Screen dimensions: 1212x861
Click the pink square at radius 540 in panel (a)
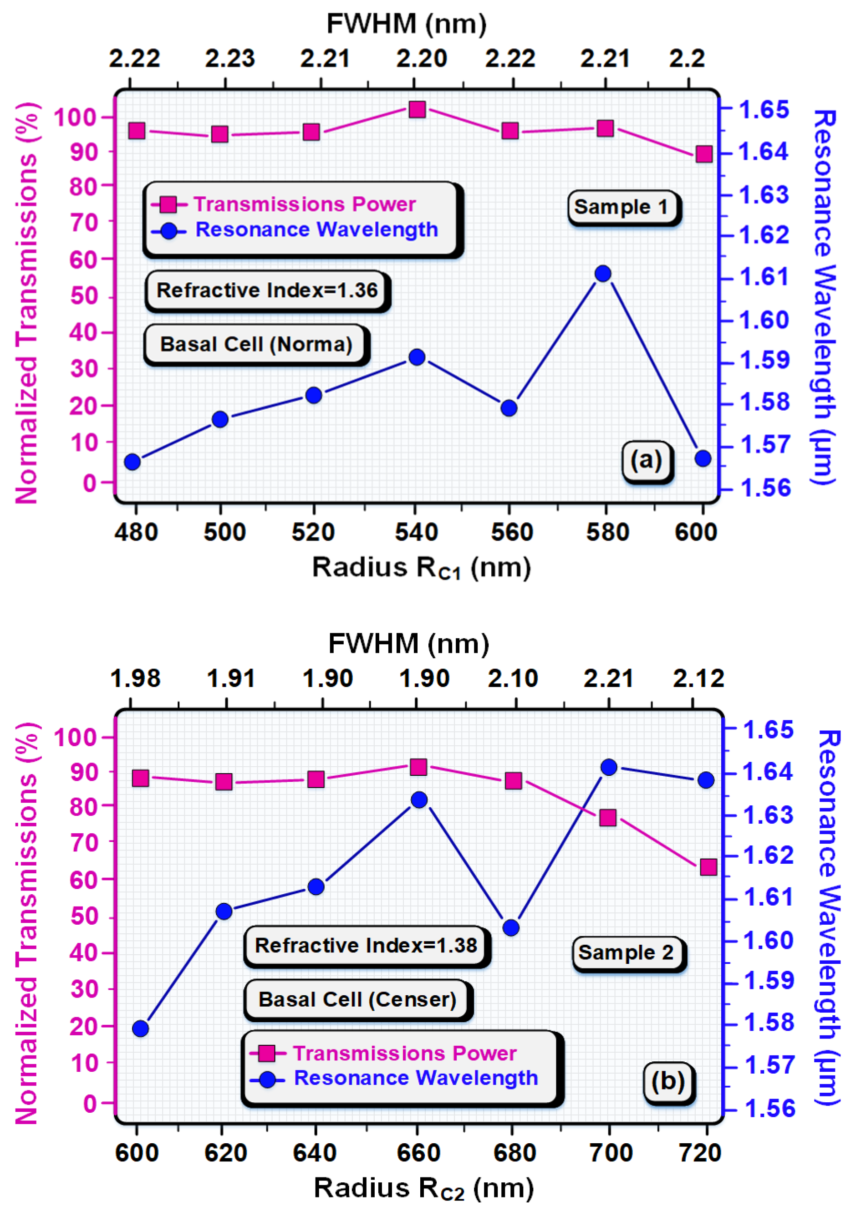click(417, 110)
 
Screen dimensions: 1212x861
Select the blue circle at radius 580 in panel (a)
click(603, 274)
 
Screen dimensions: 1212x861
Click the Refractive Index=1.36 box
click(267, 290)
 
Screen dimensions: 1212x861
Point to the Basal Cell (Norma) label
click(256, 344)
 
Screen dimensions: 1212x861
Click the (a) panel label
click(646, 460)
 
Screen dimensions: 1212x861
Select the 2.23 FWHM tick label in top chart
click(229, 58)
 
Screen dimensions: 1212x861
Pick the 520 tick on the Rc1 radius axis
click(313, 531)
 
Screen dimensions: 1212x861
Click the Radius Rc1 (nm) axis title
click(421, 568)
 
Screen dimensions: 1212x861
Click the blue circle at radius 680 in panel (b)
click(511, 928)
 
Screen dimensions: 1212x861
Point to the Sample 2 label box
click(627, 952)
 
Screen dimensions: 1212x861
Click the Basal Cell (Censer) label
click(357, 999)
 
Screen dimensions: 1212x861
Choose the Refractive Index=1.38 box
click(366, 945)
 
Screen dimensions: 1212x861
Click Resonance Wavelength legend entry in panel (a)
click(316, 229)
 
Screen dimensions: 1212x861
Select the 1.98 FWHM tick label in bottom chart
click(135, 679)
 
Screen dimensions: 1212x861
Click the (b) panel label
click(667, 1082)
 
